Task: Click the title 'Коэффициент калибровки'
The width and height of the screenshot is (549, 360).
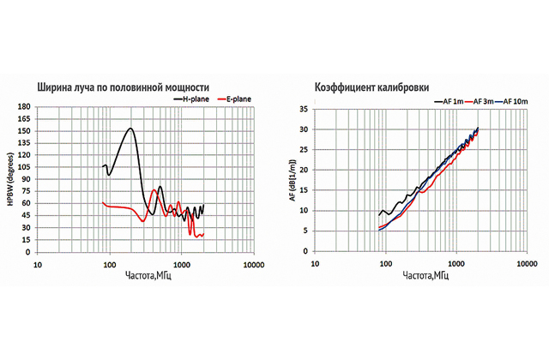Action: pyautogui.click(x=372, y=87)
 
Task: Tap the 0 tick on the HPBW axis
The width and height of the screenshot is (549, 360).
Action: pyautogui.click(x=28, y=253)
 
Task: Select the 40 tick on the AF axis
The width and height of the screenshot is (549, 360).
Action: pyautogui.click(x=303, y=108)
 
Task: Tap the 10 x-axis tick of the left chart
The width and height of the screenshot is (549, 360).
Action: pyautogui.click(x=37, y=265)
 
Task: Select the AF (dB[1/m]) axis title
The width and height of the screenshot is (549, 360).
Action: pyautogui.click(x=291, y=181)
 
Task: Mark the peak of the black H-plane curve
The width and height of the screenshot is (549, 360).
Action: pyautogui.click(x=130, y=129)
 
